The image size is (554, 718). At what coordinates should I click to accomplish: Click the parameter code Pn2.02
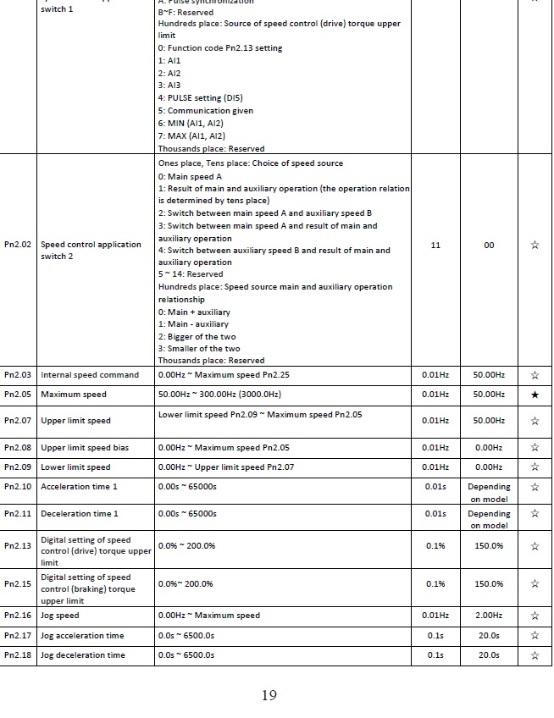18,245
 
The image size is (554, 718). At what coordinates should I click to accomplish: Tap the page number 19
269,695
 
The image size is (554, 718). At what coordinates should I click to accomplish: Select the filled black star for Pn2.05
535,395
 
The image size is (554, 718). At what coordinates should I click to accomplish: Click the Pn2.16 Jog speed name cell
60,616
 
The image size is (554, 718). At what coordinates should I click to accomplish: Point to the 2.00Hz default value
489,616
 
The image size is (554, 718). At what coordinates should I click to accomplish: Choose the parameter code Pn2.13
18,546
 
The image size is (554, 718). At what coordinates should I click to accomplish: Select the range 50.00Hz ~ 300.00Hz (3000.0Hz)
219,395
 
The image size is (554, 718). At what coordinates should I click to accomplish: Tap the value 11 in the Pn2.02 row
435,245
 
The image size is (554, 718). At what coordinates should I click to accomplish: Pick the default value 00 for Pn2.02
489,245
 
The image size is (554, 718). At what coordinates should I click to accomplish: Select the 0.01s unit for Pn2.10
435,487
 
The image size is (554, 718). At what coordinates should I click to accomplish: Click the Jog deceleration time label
83,655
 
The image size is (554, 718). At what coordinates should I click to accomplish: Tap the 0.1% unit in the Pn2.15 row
435,583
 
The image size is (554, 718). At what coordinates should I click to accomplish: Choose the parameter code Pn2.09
18,467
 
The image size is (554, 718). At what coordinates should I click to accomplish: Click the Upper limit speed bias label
85,447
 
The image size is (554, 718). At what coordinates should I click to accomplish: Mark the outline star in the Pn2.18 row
535,655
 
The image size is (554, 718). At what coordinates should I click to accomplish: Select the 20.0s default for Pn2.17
489,636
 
